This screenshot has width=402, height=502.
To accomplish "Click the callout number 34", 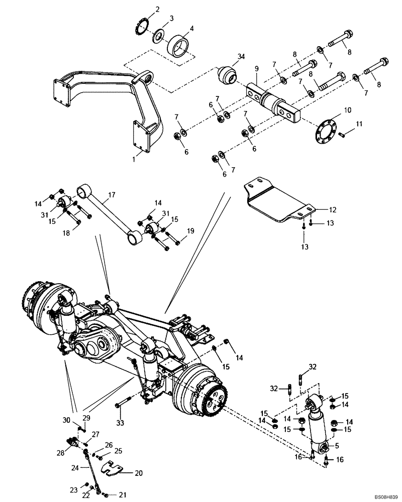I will pyautogui.click(x=241, y=58).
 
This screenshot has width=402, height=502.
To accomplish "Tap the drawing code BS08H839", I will pyautogui.click(x=382, y=495).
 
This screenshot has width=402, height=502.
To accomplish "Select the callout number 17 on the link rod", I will pyautogui.click(x=112, y=194).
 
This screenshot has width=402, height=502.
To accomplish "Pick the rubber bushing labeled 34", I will pyautogui.click(x=226, y=77).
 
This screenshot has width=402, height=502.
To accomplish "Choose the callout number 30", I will pyautogui.click(x=66, y=420).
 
